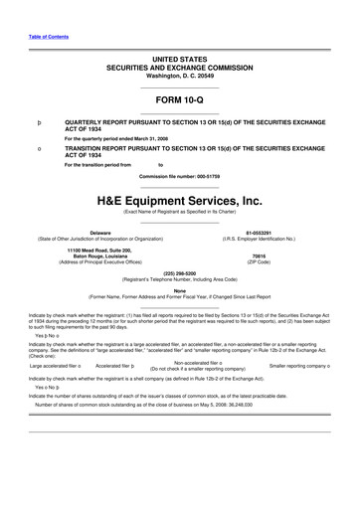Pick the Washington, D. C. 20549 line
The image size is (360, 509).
[x=180, y=49]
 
